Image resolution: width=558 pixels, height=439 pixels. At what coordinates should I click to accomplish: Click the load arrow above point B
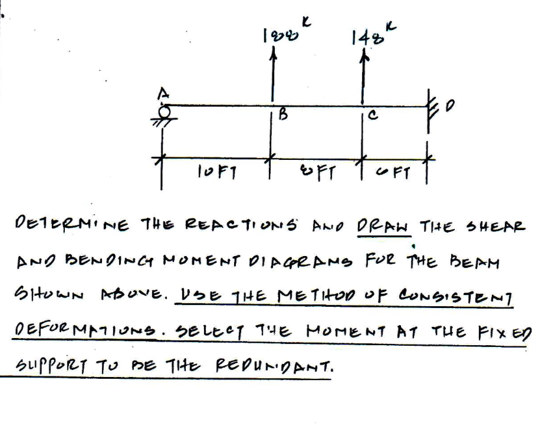(272, 77)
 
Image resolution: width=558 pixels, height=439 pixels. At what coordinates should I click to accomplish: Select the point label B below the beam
(282, 117)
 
